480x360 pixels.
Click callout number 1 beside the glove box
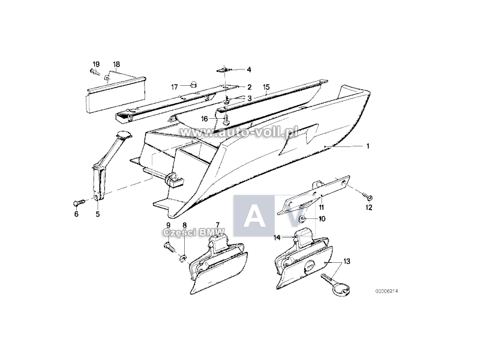pos(368,146)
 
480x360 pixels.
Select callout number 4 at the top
pos(248,70)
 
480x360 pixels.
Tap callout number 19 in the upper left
pos(95,64)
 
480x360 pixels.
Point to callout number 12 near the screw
pos(369,208)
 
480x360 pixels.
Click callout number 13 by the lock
pos(346,262)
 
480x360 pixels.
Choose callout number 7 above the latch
pos(217,224)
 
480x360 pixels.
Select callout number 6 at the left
pos(76,213)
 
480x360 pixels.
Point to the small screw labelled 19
pos(94,72)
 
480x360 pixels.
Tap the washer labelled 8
pos(182,259)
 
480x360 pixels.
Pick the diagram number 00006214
pos(387,291)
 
